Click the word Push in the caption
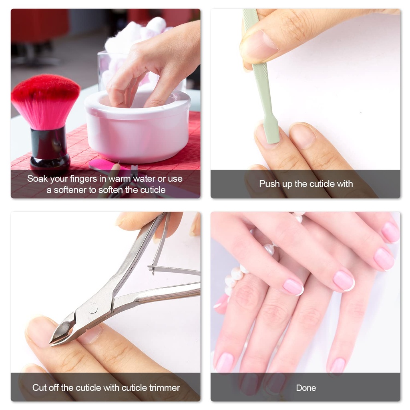[x=269, y=184]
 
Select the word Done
[x=306, y=388]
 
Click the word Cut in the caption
[x=40, y=388]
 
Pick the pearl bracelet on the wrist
[x=234, y=276]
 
